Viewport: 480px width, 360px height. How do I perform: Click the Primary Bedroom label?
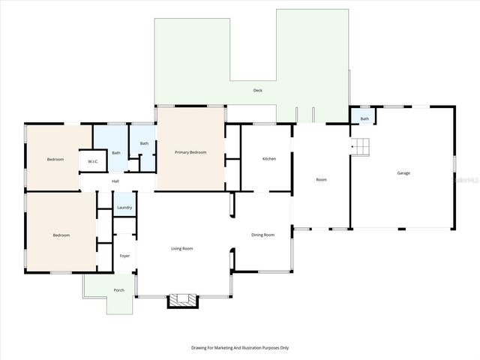coord(190,153)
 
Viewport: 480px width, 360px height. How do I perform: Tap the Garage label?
coord(403,173)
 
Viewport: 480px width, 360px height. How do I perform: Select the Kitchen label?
coord(269,159)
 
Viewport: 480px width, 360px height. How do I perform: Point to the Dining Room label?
coord(262,235)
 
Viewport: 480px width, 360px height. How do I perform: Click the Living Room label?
coord(182,248)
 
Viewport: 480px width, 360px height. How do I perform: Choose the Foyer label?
coord(124,256)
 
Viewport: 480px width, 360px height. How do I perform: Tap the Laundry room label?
coord(124,208)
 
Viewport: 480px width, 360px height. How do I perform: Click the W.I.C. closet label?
coord(93,161)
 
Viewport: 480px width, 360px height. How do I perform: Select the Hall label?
coord(115,181)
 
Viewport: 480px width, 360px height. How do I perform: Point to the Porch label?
coord(118,289)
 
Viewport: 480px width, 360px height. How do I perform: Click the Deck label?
coord(257,91)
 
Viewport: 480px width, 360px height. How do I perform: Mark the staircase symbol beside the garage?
coord(361,146)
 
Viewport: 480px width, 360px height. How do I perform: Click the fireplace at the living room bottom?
coord(180,300)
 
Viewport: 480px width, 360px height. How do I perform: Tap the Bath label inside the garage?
coord(364,118)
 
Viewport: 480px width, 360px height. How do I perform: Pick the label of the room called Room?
coord(321,180)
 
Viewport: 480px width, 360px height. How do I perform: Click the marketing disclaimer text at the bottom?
coord(240,348)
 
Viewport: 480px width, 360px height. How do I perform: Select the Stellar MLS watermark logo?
coord(466,181)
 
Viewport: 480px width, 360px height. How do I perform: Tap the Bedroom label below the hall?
coord(61,235)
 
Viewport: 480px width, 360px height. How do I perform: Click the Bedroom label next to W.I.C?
coord(55,160)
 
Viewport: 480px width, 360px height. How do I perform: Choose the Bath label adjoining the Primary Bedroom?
coord(144,143)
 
